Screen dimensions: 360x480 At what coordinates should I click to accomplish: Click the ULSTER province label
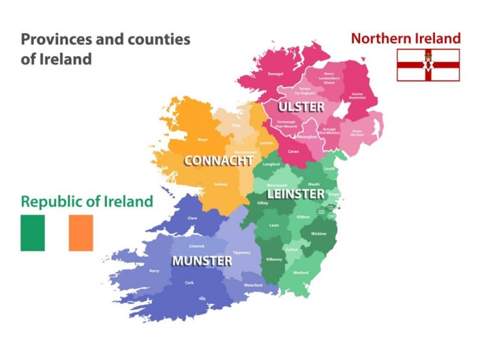pyautogui.click(x=301, y=107)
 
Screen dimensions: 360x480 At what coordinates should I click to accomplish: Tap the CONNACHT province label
pyautogui.click(x=218, y=161)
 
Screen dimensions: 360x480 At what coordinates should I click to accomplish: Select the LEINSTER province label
pyautogui.click(x=296, y=194)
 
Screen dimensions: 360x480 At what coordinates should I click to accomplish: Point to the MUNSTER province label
pyautogui.click(x=202, y=260)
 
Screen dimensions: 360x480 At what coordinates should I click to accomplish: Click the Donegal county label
pyautogui.click(x=275, y=74)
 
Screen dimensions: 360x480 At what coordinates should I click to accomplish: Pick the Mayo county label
pyautogui.click(x=202, y=139)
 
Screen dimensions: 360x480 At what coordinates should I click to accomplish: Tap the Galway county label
pyautogui.click(x=221, y=184)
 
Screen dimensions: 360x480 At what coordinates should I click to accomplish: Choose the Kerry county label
pyautogui.click(x=154, y=271)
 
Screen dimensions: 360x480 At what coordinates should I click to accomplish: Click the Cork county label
pyautogui.click(x=189, y=282)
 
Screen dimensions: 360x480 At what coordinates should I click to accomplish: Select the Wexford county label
pyautogui.click(x=301, y=272)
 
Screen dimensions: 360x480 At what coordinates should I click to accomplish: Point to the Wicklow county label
pyautogui.click(x=318, y=234)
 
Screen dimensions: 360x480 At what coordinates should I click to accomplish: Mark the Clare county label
pyautogui.click(x=193, y=218)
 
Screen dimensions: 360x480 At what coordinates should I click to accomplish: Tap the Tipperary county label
pyautogui.click(x=241, y=252)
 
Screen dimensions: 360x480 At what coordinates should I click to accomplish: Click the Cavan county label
pyautogui.click(x=293, y=151)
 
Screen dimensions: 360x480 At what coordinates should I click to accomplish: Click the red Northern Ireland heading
pyautogui.click(x=406, y=38)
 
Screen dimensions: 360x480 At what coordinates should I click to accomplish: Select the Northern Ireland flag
pyautogui.click(x=428, y=65)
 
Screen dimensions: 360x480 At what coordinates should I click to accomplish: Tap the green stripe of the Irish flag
pyautogui.click(x=32, y=233)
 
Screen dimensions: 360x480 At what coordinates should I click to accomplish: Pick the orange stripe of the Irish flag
pyautogui.click(x=81, y=233)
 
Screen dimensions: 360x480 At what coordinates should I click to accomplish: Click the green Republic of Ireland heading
pyautogui.click(x=87, y=201)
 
